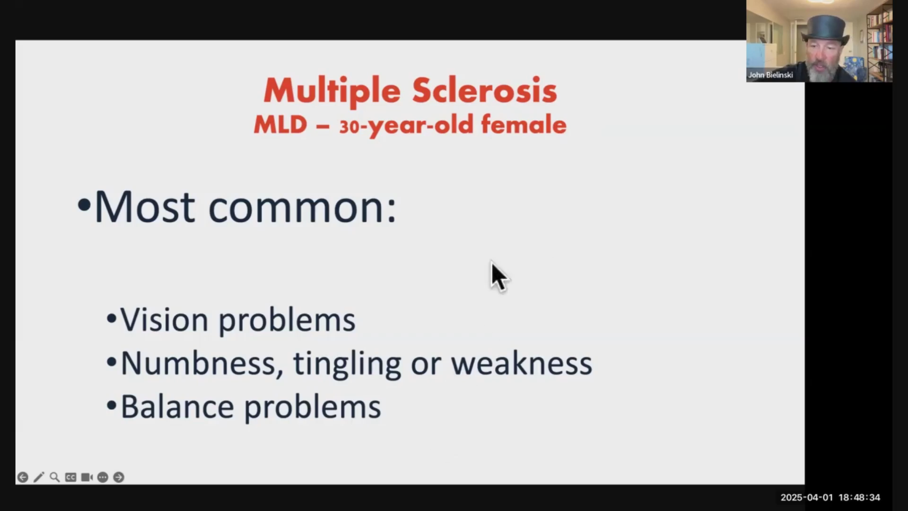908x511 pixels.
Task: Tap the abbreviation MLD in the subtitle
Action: pyautogui.click(x=280, y=124)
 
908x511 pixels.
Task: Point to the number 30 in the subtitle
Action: pyautogui.click(x=349, y=126)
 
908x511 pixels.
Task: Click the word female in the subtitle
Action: pyautogui.click(x=524, y=124)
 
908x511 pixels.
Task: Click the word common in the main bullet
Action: pyautogui.click(x=302, y=208)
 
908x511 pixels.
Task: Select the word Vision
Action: pyautogui.click(x=164, y=320)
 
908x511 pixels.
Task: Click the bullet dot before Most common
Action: pyautogui.click(x=84, y=205)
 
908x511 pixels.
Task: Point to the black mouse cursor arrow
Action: pyautogui.click(x=499, y=277)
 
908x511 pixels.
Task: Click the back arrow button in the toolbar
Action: pyautogui.click(x=23, y=477)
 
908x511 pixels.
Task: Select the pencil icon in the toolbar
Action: pyautogui.click(x=39, y=477)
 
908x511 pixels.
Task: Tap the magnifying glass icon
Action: pyautogui.click(x=55, y=477)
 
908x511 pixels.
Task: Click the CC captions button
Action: pyautogui.click(x=71, y=477)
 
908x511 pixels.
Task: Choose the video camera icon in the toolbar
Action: pyautogui.click(x=87, y=477)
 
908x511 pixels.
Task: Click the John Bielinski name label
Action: pyautogui.click(x=770, y=75)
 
